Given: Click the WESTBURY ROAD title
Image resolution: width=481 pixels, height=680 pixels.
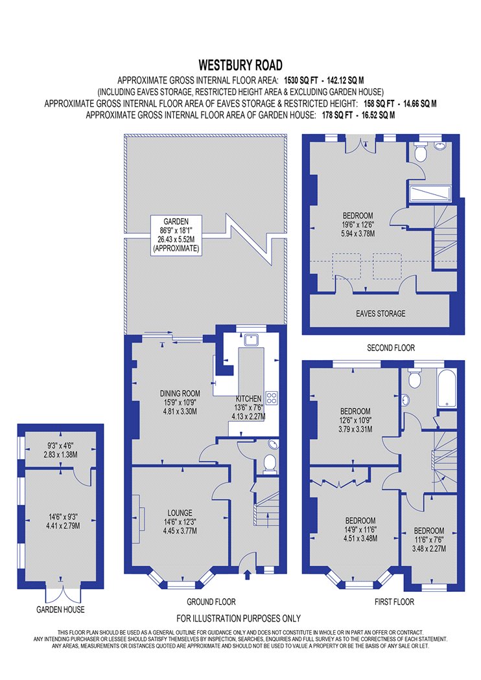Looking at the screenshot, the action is click(240, 65).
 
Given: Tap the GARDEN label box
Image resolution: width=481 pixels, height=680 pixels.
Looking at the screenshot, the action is click(176, 235).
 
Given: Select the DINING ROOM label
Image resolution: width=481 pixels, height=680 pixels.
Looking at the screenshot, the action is click(180, 393).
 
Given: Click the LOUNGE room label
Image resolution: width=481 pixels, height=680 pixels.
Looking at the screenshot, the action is click(180, 513).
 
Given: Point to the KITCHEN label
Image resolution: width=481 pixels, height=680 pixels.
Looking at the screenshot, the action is click(249, 398).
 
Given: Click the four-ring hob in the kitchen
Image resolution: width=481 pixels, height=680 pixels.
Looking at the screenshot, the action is click(272, 398).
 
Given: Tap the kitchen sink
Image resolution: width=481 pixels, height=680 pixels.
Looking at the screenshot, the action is click(252, 339).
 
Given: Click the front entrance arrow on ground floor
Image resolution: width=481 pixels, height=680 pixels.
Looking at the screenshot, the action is click(248, 575).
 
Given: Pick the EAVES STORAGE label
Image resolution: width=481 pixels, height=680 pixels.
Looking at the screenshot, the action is click(381, 313).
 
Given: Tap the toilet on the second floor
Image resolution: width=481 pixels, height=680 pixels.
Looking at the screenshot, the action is click(421, 152).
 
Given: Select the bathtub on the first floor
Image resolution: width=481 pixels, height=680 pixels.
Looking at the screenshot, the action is click(447, 388).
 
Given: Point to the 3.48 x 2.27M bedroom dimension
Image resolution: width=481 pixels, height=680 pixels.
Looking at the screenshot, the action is click(429, 549).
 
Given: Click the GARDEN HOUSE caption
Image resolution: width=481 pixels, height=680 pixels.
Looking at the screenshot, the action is click(60, 609).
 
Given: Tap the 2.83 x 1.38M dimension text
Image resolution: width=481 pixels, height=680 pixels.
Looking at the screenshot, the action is click(60, 455).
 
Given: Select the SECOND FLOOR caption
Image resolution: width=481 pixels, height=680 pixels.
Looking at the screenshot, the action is click(391, 348).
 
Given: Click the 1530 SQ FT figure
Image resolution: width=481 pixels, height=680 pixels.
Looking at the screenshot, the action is click(301, 80).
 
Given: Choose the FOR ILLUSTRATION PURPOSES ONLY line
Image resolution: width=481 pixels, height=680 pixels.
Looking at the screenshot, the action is click(239, 618).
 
